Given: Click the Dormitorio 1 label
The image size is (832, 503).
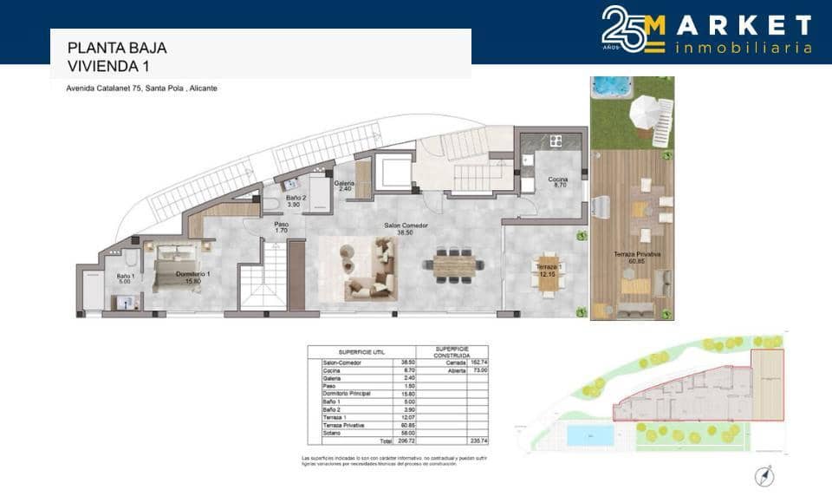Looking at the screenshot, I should pyautogui.click(x=193, y=277).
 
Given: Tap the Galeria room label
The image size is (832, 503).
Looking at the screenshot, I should pyautogui.click(x=344, y=186).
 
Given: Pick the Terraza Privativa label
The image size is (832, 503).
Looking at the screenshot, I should pyautogui.click(x=637, y=257).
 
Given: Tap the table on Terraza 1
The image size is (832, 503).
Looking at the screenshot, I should pyautogui.click(x=548, y=277).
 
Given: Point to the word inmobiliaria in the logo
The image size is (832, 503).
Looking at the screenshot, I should pyautogui.click(x=743, y=48).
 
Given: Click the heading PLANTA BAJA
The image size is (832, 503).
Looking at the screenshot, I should pyautogui.click(x=117, y=49).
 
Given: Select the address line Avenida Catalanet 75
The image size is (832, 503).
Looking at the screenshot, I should pyautogui.click(x=142, y=88).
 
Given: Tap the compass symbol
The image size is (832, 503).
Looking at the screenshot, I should pyautogui.click(x=764, y=475).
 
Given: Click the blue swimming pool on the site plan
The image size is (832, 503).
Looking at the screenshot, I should pyautogui.click(x=589, y=435).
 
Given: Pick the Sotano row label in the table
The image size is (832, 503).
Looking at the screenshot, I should pyautogui.click(x=330, y=433).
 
